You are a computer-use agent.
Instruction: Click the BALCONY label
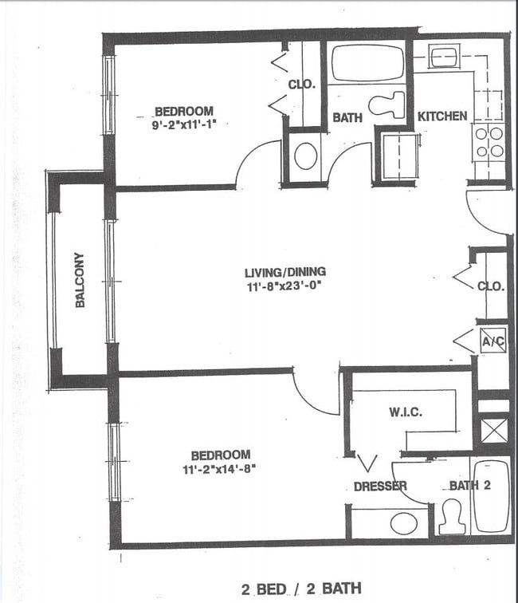(x=80, y=280)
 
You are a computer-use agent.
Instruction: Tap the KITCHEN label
(x=442, y=116)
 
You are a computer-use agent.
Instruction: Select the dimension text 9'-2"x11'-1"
(x=184, y=124)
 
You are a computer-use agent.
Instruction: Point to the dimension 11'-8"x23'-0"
(x=285, y=286)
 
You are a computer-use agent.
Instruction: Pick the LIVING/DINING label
(x=285, y=272)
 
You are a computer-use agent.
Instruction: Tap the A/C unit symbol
(x=492, y=342)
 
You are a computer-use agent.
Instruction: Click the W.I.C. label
(x=406, y=412)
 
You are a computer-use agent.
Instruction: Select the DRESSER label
(x=380, y=487)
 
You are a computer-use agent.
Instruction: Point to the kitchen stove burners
(x=489, y=141)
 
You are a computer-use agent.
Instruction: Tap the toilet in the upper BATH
(x=388, y=104)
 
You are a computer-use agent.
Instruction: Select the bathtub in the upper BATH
(x=367, y=63)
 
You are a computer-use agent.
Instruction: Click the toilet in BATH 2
(x=452, y=516)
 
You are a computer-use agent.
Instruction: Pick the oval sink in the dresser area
(x=404, y=523)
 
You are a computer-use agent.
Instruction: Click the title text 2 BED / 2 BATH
(x=300, y=589)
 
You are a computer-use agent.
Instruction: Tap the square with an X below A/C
(x=494, y=431)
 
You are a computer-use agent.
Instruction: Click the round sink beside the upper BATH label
(x=305, y=156)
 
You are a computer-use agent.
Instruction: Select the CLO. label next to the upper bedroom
(x=302, y=84)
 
